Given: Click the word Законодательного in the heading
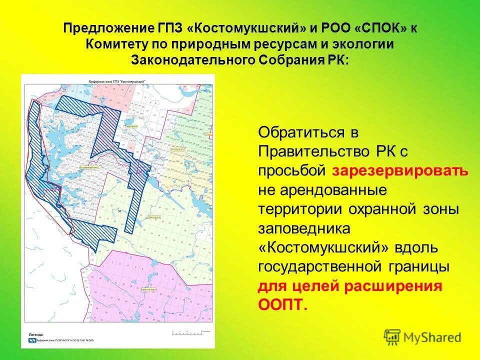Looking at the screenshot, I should tap(192, 60).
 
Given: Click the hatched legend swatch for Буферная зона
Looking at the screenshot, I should tap(32, 339).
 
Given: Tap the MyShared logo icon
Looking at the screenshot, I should tap(392, 337).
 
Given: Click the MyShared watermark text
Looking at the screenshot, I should tap(432, 338).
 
